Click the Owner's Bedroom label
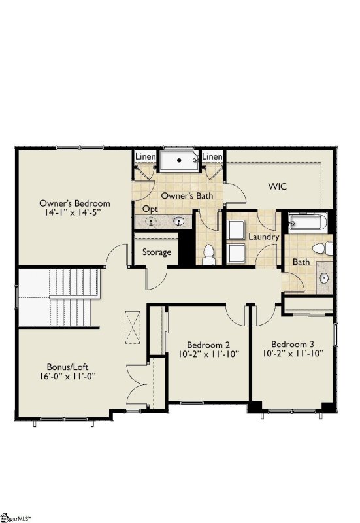[x=74, y=203]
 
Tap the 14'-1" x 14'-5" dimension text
[x=74, y=212]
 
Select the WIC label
[x=278, y=186]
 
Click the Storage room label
[x=157, y=252]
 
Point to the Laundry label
[x=264, y=237]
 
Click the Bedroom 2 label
[x=208, y=345]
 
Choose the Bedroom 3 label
[x=293, y=345]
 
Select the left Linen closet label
[x=144, y=157]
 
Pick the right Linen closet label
[x=212, y=157]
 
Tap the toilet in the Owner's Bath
[x=208, y=254]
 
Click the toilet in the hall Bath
[x=323, y=248]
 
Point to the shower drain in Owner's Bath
[x=178, y=160]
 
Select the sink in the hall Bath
[x=325, y=278]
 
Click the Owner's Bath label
[x=187, y=195]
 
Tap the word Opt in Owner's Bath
[x=150, y=209]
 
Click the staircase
[x=59, y=297]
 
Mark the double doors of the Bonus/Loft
[x=139, y=386]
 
